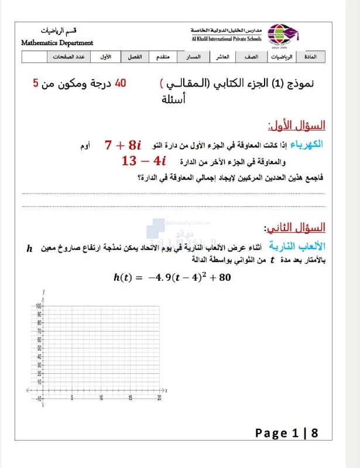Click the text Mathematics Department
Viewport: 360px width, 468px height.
tap(57, 43)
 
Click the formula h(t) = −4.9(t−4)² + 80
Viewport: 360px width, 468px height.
tap(172, 277)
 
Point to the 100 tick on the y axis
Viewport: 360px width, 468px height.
tap(37, 306)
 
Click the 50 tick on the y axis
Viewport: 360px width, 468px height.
tap(37, 348)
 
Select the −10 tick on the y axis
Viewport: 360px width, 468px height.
tap(37, 398)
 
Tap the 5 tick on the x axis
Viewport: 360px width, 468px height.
tap(72, 398)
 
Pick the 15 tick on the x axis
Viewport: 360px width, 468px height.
tap(130, 398)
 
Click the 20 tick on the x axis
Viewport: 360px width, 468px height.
tap(159, 398)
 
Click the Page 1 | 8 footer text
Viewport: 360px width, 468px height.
tap(286, 433)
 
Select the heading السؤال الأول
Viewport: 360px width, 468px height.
tap(297, 125)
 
